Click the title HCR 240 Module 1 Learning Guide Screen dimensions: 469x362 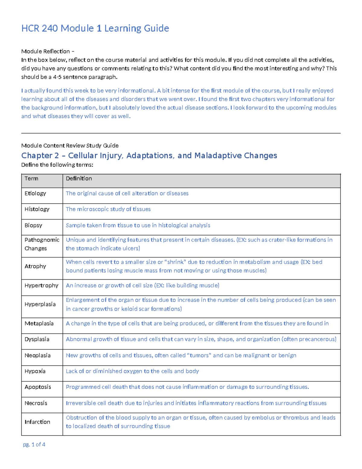coord(95,28)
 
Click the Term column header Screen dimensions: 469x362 coord(31,178)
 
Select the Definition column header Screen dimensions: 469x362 coord(79,178)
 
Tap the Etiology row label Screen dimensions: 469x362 coord(35,193)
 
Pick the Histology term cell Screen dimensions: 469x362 coord(37,209)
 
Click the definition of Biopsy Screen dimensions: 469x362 coord(138,225)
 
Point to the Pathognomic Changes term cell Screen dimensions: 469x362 coord(42,244)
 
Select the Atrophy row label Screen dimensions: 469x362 coord(35,266)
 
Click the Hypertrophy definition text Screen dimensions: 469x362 coord(142,285)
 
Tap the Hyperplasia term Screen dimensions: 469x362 coord(40,304)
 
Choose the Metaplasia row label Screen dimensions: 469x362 coord(39,323)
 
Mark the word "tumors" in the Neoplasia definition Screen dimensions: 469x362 coord(199,355)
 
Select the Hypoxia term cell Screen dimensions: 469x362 coord(35,371)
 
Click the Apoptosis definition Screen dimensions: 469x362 coord(187,387)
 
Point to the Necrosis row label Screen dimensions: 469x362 coord(36,403)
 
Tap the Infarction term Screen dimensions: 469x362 coord(37,422)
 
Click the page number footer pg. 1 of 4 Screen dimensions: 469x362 coord(34,445)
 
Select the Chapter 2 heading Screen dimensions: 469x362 coord(149,156)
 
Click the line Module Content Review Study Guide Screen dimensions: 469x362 coord(70,146)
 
